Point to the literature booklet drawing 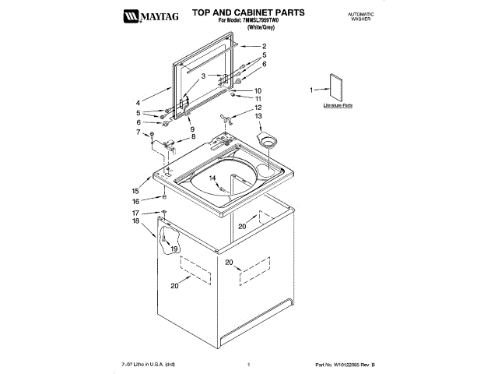coord(336,90)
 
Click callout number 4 coord(139,102)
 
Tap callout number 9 coord(191,129)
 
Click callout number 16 coord(135,201)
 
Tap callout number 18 coord(135,221)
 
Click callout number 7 coord(139,132)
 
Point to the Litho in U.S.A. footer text coord(149,364)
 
